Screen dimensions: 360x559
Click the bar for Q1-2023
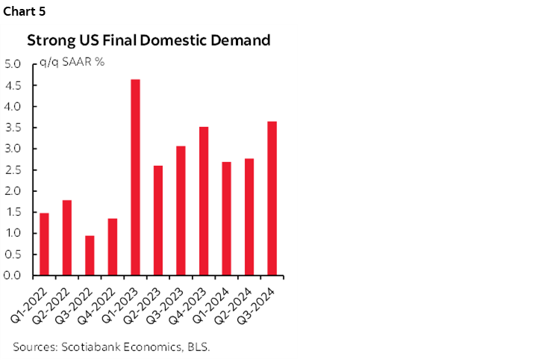pos(135,177)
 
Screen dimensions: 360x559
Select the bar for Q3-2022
pos(90,255)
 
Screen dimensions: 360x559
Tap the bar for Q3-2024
pos(272,198)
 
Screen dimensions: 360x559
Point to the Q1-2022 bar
pos(44,244)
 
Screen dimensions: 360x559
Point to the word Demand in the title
pos(243,40)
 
